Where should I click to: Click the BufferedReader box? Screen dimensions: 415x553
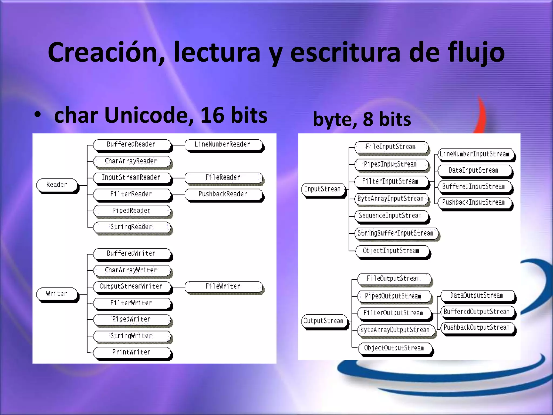(131, 145)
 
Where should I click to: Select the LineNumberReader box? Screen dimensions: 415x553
(223, 145)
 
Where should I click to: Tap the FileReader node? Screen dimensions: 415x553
(223, 178)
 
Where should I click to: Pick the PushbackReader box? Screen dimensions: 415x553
(223, 194)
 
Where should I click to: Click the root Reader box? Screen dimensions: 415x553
(57, 185)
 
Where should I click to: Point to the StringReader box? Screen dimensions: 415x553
(131, 227)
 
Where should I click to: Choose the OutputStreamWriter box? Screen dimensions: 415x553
(131, 286)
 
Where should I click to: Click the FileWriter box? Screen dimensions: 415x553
(223, 286)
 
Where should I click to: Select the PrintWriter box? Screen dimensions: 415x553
(131, 352)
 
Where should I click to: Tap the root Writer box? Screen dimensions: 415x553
(57, 294)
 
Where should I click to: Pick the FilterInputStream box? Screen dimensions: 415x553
(391, 182)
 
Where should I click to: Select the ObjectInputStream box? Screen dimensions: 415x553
(391, 251)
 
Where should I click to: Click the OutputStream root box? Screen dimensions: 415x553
(324, 321)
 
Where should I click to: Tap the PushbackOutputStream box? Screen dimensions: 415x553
(477, 328)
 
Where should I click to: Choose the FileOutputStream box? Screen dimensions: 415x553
(393, 279)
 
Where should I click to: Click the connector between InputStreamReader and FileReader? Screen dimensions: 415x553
(178, 178)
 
